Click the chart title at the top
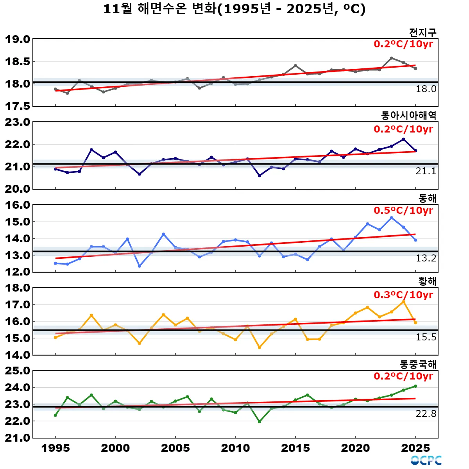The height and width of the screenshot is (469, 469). click(234, 9)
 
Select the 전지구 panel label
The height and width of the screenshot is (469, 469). click(422, 32)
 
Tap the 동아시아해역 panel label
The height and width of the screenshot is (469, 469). click(408, 115)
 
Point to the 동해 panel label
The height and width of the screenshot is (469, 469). click(427, 198)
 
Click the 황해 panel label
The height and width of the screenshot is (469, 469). click(427, 281)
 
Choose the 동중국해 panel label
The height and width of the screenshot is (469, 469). click(418, 364)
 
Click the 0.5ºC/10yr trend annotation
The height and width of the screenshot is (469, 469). click(403, 210)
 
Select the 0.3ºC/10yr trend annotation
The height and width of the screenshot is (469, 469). click(403, 295)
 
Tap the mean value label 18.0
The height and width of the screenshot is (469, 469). click(426, 89)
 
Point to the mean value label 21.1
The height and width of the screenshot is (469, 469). click(426, 171)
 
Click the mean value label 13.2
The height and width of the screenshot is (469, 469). click(426, 258)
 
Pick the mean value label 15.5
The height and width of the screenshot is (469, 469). click(426, 337)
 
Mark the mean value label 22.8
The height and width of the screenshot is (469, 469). click(426, 414)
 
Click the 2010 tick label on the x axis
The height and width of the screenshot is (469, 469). click(235, 448)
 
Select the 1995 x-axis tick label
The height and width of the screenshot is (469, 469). click(55, 448)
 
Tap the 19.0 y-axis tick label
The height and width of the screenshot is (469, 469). click(18, 39)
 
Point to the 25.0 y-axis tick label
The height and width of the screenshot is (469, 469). click(18, 371)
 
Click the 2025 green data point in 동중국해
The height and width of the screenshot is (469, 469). click(415, 386)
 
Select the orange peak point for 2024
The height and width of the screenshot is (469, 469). click(403, 302)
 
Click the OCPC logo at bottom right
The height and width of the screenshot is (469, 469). click(426, 460)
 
